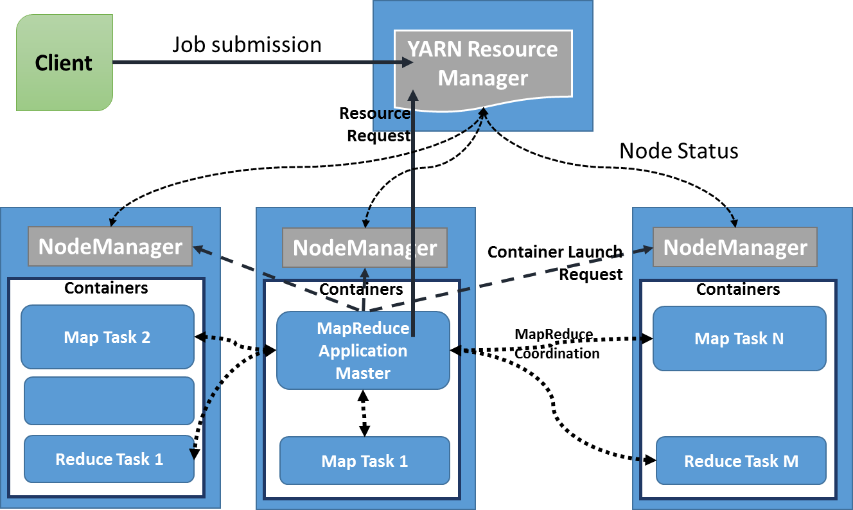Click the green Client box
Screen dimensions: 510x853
coord(64,63)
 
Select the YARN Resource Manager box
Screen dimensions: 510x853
coord(483,63)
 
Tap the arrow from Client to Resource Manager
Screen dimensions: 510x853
coord(257,63)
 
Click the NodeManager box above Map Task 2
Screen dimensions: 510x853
coord(110,247)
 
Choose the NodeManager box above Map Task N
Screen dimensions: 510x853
coord(735,247)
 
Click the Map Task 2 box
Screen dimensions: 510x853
coord(107,337)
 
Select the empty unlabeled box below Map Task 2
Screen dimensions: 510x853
coord(109,401)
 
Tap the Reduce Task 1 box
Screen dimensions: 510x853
coord(109,459)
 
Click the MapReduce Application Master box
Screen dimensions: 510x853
coord(363,351)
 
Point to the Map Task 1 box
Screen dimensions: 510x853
coord(364,461)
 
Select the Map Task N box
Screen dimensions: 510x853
coord(739,339)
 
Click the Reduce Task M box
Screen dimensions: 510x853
coord(741,461)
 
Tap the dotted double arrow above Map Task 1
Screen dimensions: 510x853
coord(364,413)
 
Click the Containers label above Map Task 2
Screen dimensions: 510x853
coord(106,288)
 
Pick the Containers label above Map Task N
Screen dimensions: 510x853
coord(738,290)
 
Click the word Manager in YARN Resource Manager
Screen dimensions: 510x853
coord(483,78)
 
